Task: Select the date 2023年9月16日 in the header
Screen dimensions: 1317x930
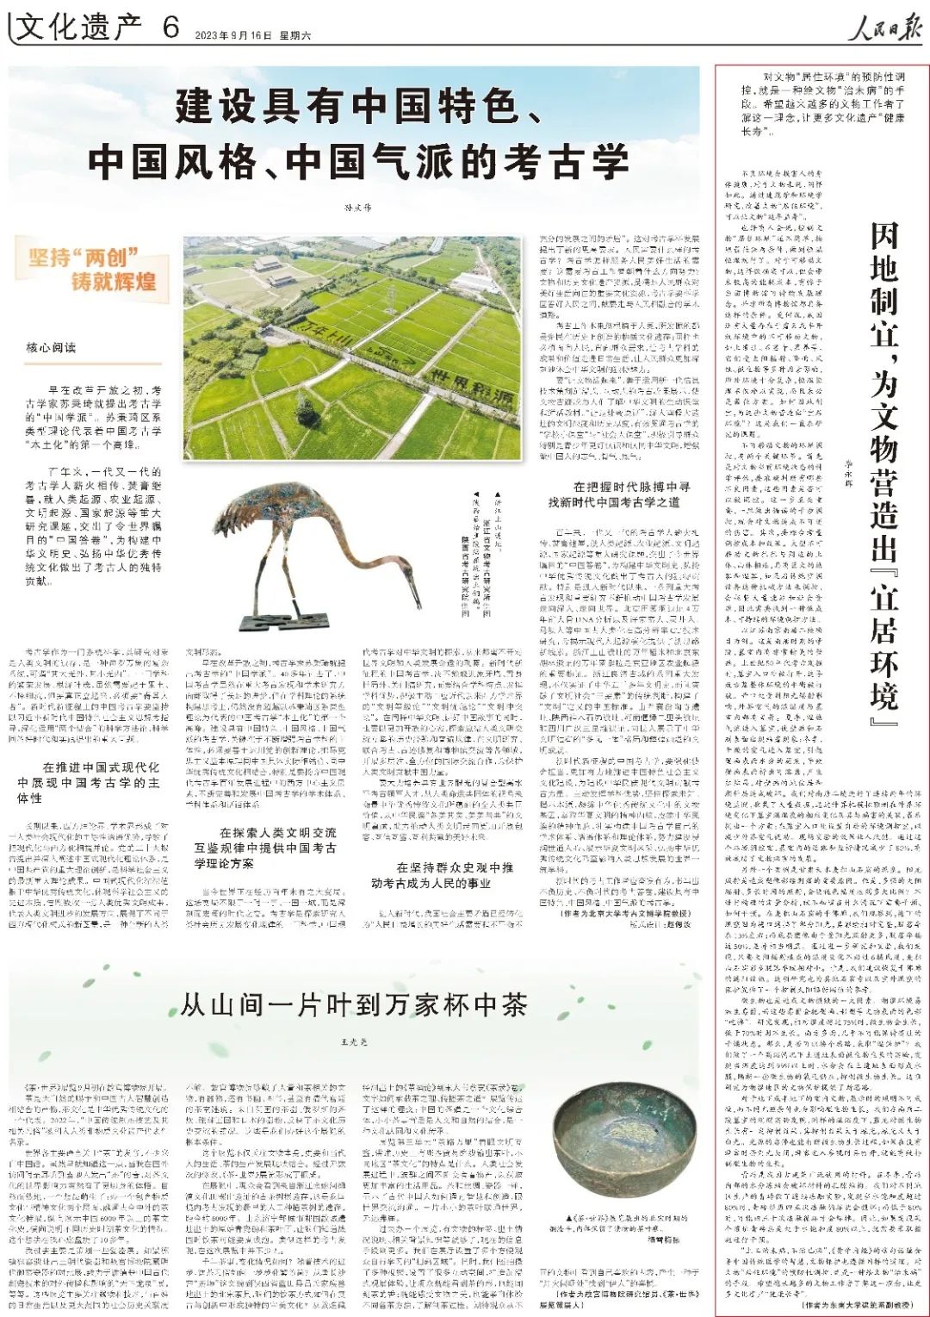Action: [x=226, y=34]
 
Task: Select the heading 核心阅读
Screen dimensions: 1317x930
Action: [x=51, y=347]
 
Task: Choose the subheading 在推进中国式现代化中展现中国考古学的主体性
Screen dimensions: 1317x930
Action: [x=89, y=781]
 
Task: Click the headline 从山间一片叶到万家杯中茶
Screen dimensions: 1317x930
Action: [x=353, y=1004]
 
